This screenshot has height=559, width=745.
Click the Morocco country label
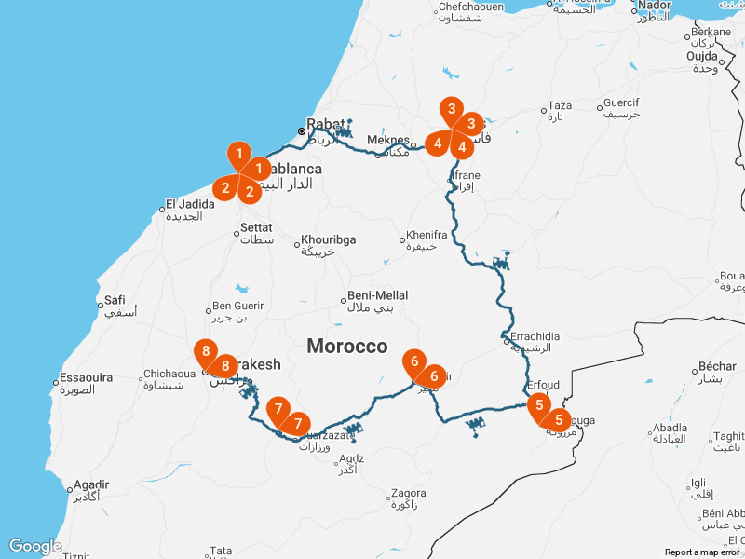click(346, 347)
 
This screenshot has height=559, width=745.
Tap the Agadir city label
click(91, 485)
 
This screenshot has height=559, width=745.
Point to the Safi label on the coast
click(115, 300)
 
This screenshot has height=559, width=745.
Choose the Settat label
click(256, 227)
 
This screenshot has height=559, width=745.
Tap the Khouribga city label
click(327, 239)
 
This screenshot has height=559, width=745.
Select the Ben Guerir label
click(237, 306)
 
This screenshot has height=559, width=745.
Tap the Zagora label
click(409, 493)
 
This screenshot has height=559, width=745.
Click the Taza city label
click(560, 105)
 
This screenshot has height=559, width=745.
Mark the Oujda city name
click(702, 56)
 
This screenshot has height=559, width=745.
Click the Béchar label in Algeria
click(717, 366)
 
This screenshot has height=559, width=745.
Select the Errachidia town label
click(535, 335)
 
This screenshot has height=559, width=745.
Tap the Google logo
click(34, 546)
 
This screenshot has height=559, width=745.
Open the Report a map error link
click(702, 552)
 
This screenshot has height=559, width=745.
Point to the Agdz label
click(351, 458)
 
